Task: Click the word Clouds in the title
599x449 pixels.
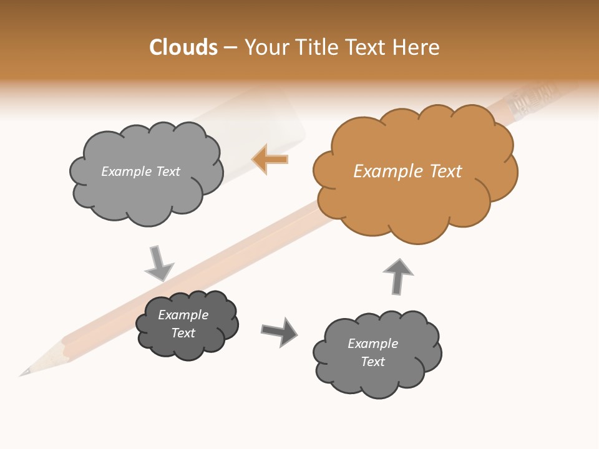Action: pos(183,47)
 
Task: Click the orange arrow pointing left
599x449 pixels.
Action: pos(270,160)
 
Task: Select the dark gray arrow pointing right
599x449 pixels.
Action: pos(280,331)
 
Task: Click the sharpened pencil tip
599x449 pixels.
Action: pos(28,370)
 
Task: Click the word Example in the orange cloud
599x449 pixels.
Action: pos(382,171)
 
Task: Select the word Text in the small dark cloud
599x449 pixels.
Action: pos(183,333)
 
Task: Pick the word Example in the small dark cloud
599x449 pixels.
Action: pos(183,315)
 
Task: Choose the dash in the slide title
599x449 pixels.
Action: pos(230,48)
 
